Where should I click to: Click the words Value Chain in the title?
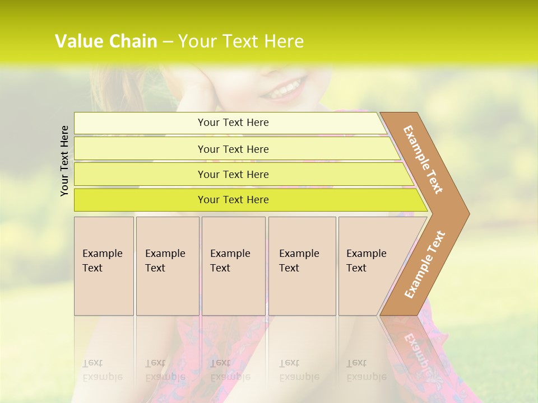[106, 41]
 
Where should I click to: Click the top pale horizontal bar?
[140, 123]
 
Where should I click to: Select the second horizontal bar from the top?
[140, 149]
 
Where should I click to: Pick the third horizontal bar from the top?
[140, 174]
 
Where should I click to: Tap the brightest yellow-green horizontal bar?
[140, 200]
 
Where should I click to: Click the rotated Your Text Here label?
[64, 161]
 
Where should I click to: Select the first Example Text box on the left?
[104, 266]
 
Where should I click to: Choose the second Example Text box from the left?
[168, 266]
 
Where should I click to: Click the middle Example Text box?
[233, 266]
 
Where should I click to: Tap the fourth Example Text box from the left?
[302, 266]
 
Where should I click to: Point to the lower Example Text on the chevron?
[425, 264]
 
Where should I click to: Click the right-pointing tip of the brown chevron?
[466, 213]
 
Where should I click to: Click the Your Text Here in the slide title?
[241, 41]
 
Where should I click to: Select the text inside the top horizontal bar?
[233, 123]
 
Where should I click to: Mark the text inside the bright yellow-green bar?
[233, 200]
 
